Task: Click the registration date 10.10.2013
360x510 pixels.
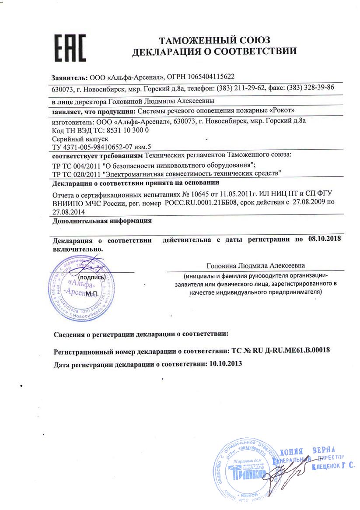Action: (226, 363)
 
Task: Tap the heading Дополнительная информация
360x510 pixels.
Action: (102, 221)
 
